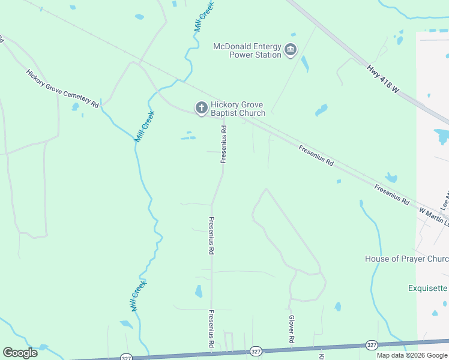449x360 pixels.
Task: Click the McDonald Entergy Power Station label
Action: [x=247, y=50]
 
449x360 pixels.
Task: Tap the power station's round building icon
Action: [x=291, y=49]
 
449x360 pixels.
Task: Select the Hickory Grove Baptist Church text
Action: [x=238, y=109]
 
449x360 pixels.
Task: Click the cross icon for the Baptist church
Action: [x=201, y=108]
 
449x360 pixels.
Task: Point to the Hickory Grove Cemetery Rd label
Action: [x=62, y=88]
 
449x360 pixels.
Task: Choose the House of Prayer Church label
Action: [x=406, y=259]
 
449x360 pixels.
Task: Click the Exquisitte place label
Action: [x=428, y=288]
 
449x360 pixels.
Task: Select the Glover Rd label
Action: [x=292, y=329]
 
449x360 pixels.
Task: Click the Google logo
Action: [x=20, y=353]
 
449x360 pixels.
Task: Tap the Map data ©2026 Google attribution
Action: [x=412, y=355]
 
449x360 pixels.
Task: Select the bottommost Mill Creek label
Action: [x=139, y=296]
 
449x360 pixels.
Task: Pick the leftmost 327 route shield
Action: [x=125, y=358]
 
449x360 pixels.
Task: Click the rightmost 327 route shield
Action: [x=372, y=345]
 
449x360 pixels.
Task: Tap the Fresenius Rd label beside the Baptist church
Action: [x=223, y=144]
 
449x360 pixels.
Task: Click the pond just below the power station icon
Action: [x=306, y=64]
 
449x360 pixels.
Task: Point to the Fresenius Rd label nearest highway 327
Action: [x=211, y=329]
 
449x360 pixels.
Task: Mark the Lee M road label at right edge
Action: [x=445, y=200]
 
